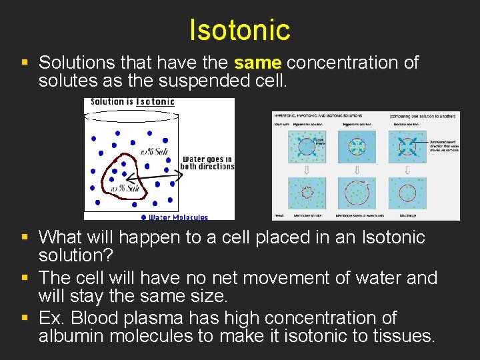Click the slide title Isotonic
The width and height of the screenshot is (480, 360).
pyautogui.click(x=239, y=29)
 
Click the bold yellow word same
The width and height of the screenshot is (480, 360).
pyautogui.click(x=258, y=63)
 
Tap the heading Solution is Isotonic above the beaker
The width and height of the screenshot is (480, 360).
pyautogui.click(x=132, y=102)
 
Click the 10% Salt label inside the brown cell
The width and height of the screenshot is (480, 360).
pyautogui.click(x=125, y=189)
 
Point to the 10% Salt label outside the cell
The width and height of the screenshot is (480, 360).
pyautogui.click(x=154, y=152)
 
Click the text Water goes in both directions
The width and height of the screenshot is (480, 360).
pyautogui.click(x=207, y=163)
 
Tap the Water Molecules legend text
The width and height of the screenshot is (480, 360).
pyautogui.click(x=178, y=217)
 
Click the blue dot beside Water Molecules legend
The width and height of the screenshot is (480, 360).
pyautogui.click(x=144, y=217)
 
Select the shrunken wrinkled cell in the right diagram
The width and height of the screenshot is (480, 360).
pyautogui.click(x=307, y=193)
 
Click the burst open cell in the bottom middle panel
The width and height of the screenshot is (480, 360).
pyautogui.click(x=356, y=193)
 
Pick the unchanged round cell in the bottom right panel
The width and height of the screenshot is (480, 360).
pyautogui.click(x=407, y=193)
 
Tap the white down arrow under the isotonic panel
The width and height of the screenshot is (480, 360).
pyautogui.click(x=407, y=170)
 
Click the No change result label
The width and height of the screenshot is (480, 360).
pyautogui.click(x=408, y=215)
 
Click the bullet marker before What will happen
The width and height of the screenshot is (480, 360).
pyautogui.click(x=24, y=237)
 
